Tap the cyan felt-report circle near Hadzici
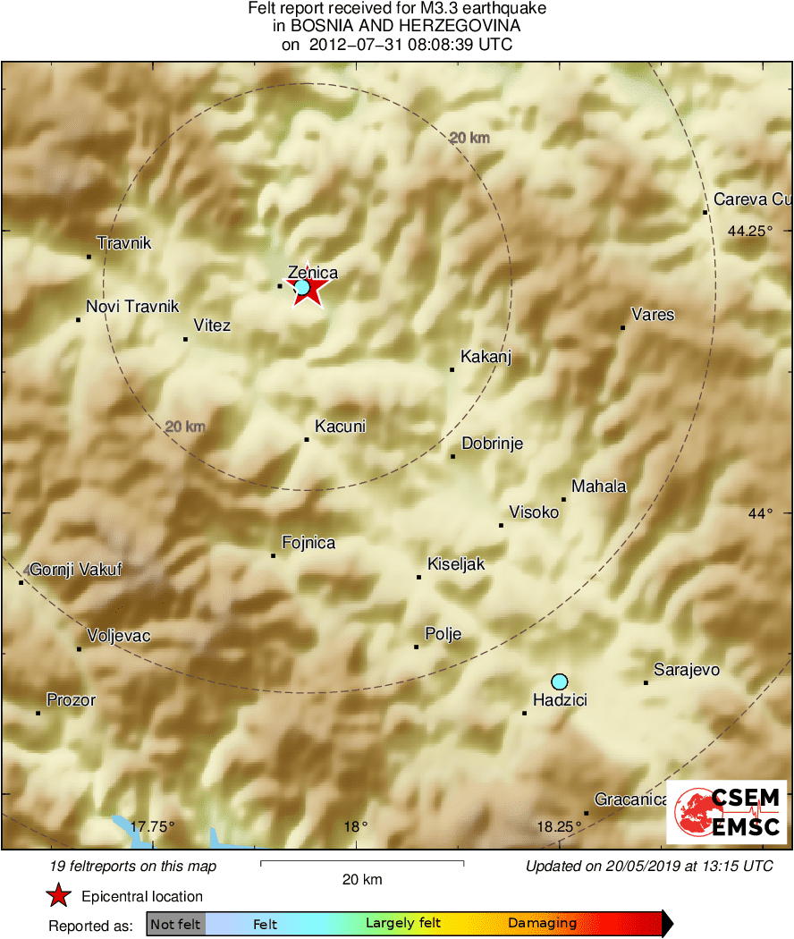point(560,681)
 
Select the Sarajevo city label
point(687,670)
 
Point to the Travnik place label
point(124,243)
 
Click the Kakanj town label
point(486,357)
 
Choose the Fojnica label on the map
point(308,543)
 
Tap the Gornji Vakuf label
point(76,570)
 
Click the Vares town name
point(653,315)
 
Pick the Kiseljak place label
point(456,564)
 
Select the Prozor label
point(72,700)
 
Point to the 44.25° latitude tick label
point(749,231)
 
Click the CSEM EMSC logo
point(727,812)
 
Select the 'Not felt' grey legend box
point(176,924)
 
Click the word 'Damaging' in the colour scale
point(543,924)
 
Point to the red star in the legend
point(59,896)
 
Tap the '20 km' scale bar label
point(362,879)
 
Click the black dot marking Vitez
point(185,339)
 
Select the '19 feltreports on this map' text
point(134,866)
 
